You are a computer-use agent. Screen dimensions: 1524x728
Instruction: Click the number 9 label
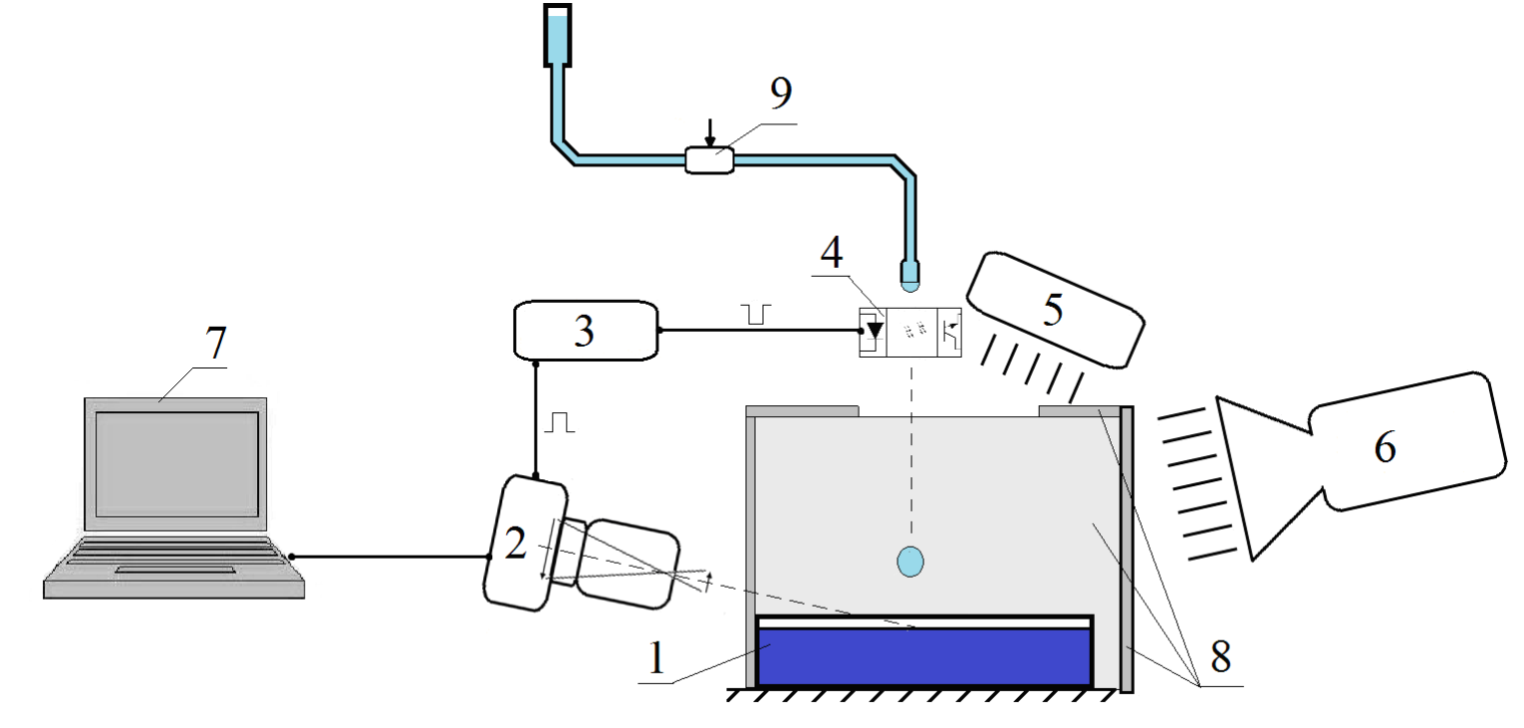coord(781,94)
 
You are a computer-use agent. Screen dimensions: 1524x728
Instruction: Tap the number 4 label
coord(832,252)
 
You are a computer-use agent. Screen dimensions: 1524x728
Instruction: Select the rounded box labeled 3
coord(586,331)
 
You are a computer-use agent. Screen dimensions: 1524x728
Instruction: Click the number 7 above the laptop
coord(216,343)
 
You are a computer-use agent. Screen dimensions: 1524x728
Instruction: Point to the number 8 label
coord(1220,656)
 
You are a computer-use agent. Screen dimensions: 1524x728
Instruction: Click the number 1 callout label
coord(655,658)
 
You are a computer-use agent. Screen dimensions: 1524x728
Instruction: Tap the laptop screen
coord(177,464)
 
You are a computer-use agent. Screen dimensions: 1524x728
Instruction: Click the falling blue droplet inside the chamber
coord(910,562)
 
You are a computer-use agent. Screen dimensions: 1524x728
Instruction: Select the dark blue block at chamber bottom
coord(924,656)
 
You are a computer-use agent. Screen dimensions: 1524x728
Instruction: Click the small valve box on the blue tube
coord(709,160)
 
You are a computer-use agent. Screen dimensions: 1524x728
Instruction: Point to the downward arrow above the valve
coord(709,133)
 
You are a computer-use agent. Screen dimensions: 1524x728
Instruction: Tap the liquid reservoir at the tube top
coord(557,36)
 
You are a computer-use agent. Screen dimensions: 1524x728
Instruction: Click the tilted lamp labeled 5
coord(1055,311)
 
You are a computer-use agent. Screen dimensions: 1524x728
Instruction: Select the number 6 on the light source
coord(1386,448)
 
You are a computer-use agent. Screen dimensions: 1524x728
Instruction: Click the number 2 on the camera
coord(515,544)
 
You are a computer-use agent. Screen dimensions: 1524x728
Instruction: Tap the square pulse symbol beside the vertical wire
coord(559,422)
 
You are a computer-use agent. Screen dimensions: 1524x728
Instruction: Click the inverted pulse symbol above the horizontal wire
coord(756,315)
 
